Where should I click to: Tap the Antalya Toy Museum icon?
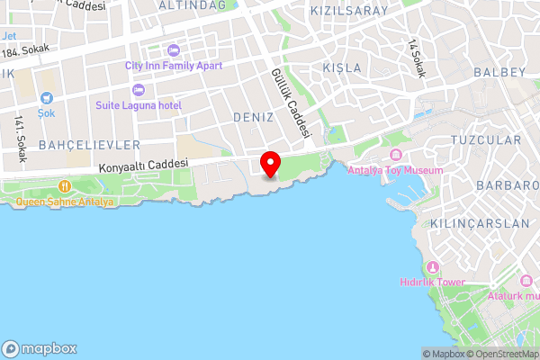coord(395,157)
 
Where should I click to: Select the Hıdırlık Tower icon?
coord(433,267)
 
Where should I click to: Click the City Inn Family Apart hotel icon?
coord(173,50)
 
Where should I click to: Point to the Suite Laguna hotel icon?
coord(139,90)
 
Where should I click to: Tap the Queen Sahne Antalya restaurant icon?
coord(65,186)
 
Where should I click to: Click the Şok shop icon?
coord(47,98)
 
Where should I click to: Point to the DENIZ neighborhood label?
coord(252,118)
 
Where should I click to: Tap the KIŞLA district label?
coord(341,68)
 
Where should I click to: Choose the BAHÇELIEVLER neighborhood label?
coord(89,144)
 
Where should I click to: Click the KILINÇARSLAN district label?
coord(466,222)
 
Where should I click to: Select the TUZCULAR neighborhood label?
coord(485,140)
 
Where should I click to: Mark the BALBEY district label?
coord(499,71)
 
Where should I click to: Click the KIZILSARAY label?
coord(348,11)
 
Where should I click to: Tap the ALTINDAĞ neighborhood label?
coord(192,5)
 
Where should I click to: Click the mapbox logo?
coord(40,348)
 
